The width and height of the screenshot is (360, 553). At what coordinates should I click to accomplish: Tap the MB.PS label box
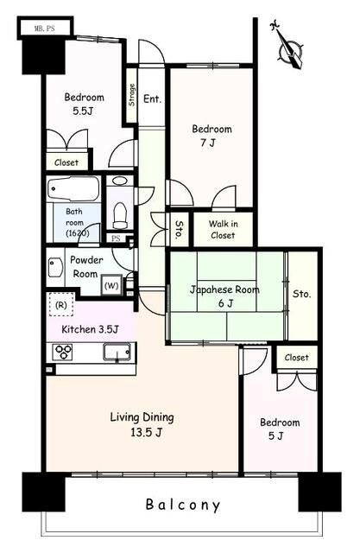pos(45,29)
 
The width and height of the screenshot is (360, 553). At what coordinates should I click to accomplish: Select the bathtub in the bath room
pos(73,188)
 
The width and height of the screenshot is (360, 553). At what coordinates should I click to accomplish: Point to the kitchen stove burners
pos(62,352)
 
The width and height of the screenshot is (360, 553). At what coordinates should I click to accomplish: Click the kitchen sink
pos(117,352)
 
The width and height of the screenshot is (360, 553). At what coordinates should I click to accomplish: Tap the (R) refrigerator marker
pos(61,305)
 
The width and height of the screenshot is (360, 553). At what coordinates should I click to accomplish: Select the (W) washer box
pos(111,285)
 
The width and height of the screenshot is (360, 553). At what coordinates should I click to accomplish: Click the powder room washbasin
pos(55,267)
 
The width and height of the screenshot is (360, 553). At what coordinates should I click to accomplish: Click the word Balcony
pos(183,505)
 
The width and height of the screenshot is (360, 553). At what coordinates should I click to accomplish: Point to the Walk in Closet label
pos(223,229)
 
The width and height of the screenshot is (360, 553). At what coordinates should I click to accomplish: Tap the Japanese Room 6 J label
pos(224,296)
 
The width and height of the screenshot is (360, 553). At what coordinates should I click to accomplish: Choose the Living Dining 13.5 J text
pos(142,424)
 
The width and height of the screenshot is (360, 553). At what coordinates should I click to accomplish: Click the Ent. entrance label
pos(152,99)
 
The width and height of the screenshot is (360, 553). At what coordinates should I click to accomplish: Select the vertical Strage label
pos(131,94)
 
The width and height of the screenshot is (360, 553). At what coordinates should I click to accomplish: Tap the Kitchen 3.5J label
pos(90,329)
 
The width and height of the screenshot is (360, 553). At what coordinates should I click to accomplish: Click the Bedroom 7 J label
pos(212,136)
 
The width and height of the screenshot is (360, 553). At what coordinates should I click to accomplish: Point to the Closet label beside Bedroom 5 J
pos(296,357)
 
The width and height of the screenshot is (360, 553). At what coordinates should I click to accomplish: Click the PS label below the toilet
pos(116,238)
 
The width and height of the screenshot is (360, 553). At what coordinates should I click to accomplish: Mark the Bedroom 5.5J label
pos(84,104)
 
